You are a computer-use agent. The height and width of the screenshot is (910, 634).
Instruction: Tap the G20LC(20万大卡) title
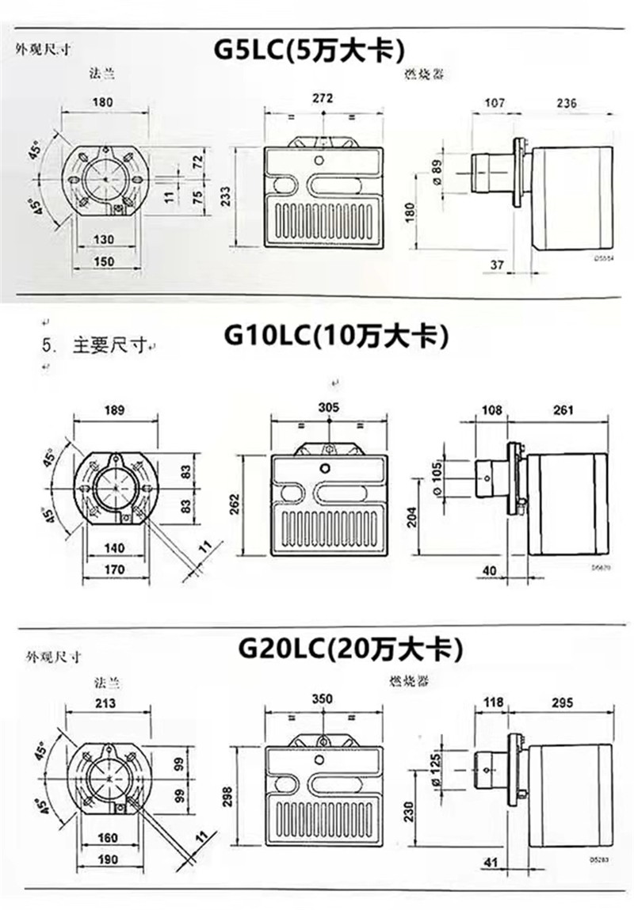pos(349,649)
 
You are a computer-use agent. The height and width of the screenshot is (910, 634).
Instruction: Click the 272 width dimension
pos(323,98)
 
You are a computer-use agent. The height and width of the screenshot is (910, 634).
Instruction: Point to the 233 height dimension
pos(227,196)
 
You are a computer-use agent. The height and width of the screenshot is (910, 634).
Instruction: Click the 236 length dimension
pos(566,103)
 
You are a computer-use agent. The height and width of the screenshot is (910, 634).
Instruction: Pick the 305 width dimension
pos(328,407)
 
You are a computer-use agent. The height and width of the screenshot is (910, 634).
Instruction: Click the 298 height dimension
pos(227,793)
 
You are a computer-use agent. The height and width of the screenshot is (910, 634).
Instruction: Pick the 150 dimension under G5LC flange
pos(104,261)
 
